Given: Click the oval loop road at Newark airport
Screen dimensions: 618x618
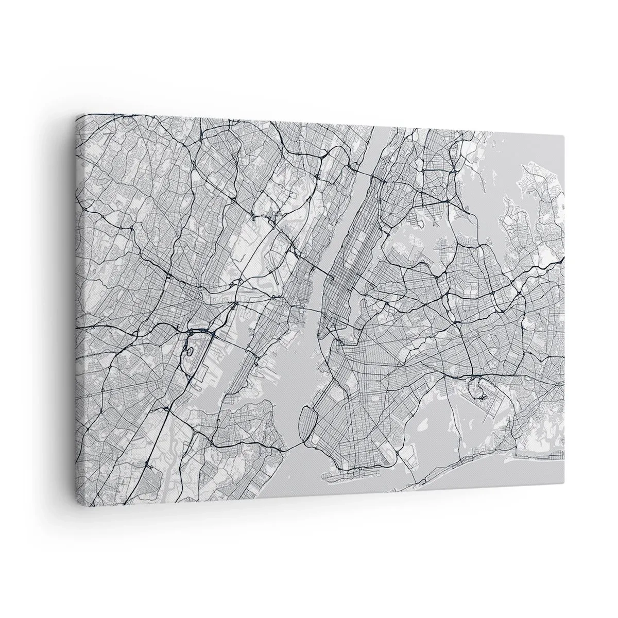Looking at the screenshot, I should tap(190, 352).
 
